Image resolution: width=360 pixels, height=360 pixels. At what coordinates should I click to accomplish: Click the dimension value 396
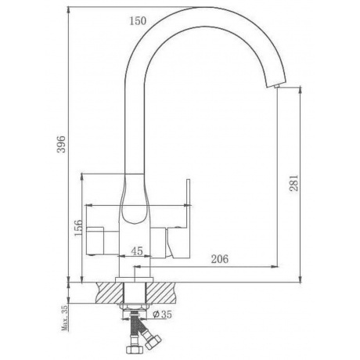pyautogui.click(x=62, y=144)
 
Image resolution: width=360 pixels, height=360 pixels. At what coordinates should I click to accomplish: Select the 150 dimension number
pyautogui.click(x=138, y=21)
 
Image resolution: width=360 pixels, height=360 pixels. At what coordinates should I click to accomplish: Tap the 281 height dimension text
pyautogui.click(x=293, y=182)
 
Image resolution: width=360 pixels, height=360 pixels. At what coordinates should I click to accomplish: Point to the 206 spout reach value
pyautogui.click(x=220, y=259)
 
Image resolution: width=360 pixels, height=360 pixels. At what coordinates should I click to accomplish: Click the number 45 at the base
pyautogui.click(x=137, y=251)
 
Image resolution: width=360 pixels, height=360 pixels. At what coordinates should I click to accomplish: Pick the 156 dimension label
pyautogui.click(x=78, y=228)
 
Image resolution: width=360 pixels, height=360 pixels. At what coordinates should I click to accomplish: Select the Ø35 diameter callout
pyautogui.click(x=162, y=315)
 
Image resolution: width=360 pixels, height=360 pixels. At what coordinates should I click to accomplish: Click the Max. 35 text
pyautogui.click(x=64, y=318)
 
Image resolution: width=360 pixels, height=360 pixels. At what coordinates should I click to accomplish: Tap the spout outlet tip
pyautogui.click(x=276, y=86)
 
